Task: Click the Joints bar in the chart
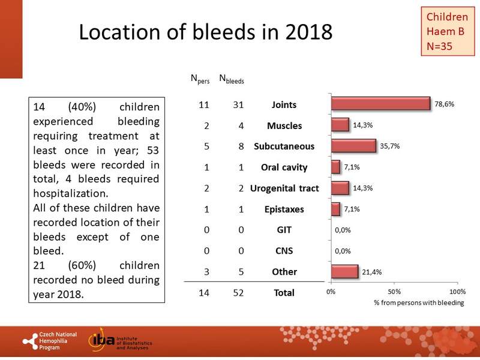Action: (380, 104)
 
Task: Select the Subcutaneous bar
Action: (353, 146)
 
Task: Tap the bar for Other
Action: (344, 272)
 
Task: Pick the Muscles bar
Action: (340, 125)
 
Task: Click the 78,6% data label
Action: (445, 104)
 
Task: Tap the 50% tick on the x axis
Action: (394, 292)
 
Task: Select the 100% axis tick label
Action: (457, 292)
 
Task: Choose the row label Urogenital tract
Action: (284, 188)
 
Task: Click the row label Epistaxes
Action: (284, 209)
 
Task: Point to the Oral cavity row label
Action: (284, 167)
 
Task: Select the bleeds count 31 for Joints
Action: (231, 104)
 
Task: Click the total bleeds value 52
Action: (231, 293)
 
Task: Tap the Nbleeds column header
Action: (231, 78)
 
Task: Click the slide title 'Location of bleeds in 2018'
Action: (206, 32)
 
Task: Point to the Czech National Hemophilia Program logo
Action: (51, 341)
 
